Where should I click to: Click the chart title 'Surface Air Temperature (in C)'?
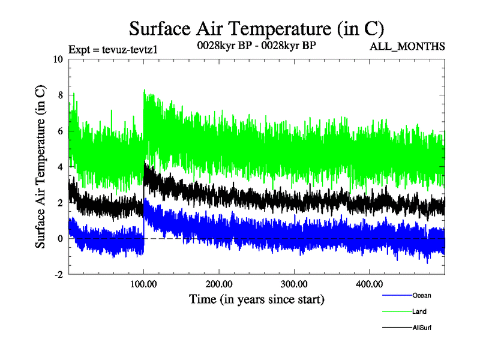coord(257,28)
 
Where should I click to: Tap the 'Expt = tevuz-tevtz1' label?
coord(113,49)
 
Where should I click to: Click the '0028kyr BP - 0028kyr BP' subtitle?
coord(257,46)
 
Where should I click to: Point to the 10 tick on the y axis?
coord(57,59)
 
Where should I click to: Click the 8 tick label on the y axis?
coord(59,95)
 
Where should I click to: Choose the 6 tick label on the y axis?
coord(59,131)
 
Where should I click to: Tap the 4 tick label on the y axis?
coord(59,167)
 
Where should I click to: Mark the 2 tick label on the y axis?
coord(59,203)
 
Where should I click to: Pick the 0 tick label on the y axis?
coord(59,239)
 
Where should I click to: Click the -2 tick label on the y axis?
coord(58,275)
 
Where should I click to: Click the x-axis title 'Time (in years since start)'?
coord(257,299)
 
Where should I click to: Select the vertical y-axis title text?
coord(41,167)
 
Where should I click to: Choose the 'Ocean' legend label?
coord(421,295)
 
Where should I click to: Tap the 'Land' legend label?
coord(419,311)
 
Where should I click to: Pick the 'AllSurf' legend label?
coord(422,328)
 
